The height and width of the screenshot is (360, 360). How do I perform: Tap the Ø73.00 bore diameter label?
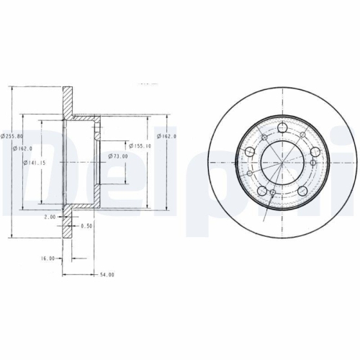[118, 156]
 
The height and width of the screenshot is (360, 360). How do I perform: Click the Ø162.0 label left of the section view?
[25, 149]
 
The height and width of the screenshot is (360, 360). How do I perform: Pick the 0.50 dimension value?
[86, 225]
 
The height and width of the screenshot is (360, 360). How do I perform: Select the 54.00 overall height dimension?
[107, 274]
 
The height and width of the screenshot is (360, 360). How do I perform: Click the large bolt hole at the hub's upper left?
[250, 152]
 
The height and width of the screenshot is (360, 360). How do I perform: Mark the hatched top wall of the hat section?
[83, 117]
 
